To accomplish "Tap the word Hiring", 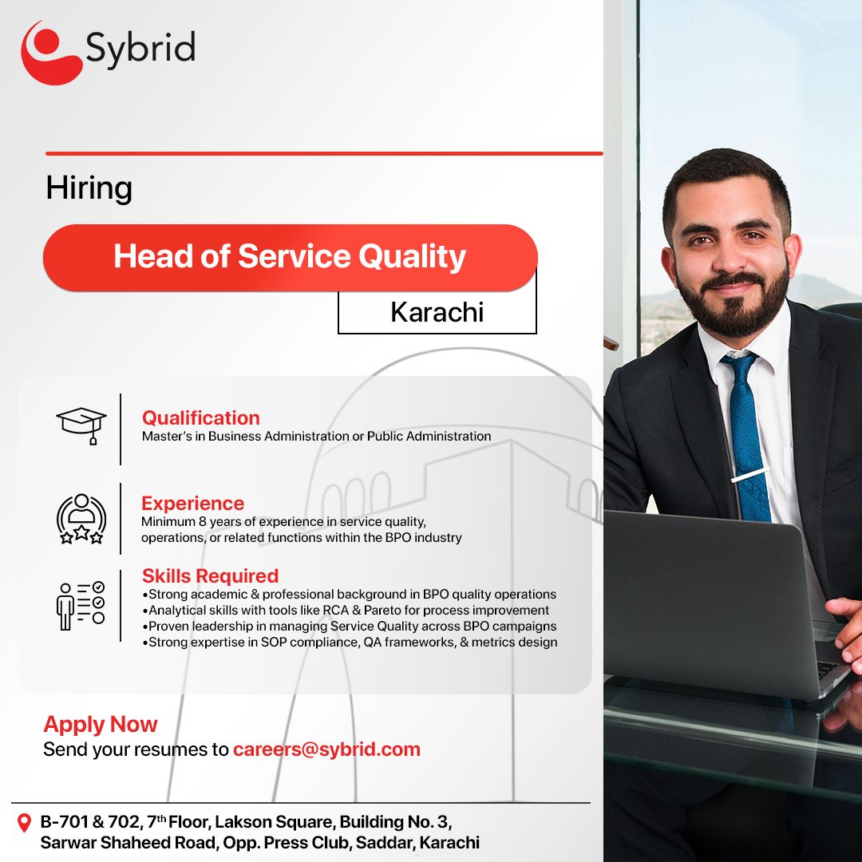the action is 89,188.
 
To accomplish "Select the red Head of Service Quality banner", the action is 290,257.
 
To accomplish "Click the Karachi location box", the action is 437,312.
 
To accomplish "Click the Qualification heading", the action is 200,417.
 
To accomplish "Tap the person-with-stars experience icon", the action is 81,519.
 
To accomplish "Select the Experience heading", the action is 192,503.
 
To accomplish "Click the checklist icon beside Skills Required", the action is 81,605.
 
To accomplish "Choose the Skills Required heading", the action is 210,575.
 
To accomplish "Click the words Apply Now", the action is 101,724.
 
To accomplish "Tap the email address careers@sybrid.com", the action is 326,749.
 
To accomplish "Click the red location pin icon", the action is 24,823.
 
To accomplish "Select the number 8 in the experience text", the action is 202,522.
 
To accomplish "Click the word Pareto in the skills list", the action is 382,611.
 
